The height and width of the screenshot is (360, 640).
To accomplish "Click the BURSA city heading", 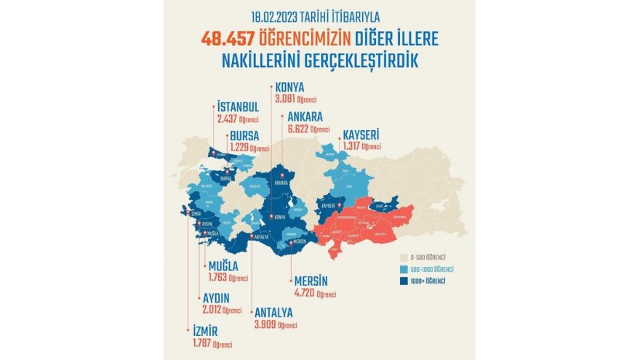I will pyautogui.click(x=245, y=136).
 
